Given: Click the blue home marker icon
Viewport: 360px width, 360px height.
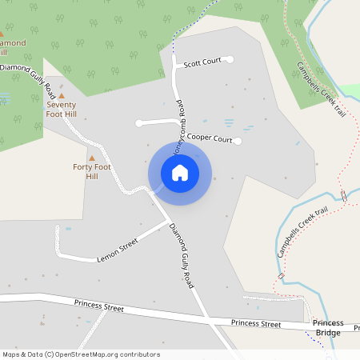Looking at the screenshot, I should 180,172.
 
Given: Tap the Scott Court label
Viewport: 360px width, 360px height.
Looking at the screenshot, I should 202,62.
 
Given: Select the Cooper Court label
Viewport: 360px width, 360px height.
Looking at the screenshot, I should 210,138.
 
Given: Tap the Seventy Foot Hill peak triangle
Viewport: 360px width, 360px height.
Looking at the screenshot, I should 61,96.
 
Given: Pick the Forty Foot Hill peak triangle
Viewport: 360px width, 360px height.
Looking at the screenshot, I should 92,158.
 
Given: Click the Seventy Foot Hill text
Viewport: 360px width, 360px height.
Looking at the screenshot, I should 61,110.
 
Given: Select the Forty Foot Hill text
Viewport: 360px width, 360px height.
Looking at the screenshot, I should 92,171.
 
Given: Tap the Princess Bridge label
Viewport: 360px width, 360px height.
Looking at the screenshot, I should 328,328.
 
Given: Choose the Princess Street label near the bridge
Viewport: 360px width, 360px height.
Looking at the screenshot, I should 256,323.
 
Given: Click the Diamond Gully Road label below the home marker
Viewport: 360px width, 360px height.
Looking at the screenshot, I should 182,255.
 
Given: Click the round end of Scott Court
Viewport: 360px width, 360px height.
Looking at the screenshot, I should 230,59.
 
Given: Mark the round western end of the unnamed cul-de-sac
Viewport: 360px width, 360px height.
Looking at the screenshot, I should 140,123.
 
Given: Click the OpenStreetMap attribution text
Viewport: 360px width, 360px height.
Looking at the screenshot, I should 80,354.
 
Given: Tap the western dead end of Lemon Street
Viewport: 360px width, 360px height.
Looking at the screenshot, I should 58,228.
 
